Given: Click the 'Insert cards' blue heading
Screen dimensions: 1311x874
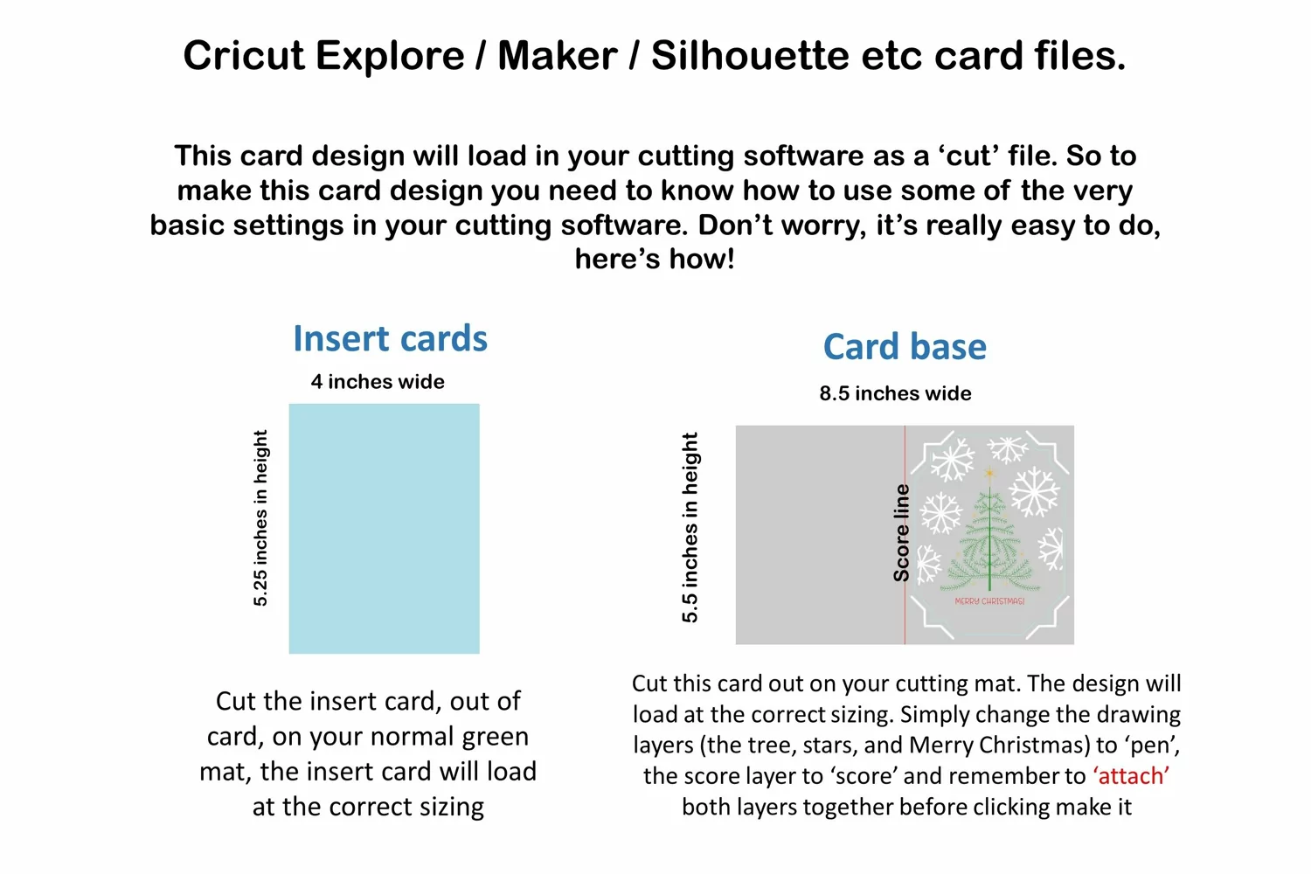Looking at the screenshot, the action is coord(390,338).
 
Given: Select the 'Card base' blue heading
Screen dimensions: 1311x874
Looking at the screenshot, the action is coord(905,347).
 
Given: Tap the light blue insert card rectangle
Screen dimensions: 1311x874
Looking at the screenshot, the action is coord(384,528).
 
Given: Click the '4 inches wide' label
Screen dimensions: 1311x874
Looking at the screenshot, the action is coord(378,382).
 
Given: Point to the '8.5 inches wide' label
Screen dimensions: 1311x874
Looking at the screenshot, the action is coord(895,393).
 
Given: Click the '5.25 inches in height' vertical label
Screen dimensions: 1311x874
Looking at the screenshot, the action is coord(260,518).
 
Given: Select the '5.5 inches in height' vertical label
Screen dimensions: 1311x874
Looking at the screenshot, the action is coord(690,527).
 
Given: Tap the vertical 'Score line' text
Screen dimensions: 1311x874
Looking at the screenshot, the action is coord(901,533).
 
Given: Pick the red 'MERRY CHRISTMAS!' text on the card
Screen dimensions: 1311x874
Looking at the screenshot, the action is coord(989,601).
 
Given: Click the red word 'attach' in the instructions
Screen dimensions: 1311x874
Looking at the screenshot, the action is coord(1131,775).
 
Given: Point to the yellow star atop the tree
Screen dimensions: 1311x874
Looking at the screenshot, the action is coord(989,473).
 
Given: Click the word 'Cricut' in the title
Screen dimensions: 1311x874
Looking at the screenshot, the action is coord(244,56).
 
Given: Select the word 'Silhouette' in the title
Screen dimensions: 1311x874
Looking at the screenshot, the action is coord(750,56).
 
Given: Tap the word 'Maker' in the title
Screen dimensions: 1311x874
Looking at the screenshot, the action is coord(558,56).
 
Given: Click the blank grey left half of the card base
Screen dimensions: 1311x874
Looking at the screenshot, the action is coord(820,535).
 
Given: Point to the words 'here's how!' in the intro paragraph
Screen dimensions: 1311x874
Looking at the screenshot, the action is coord(655,259).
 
